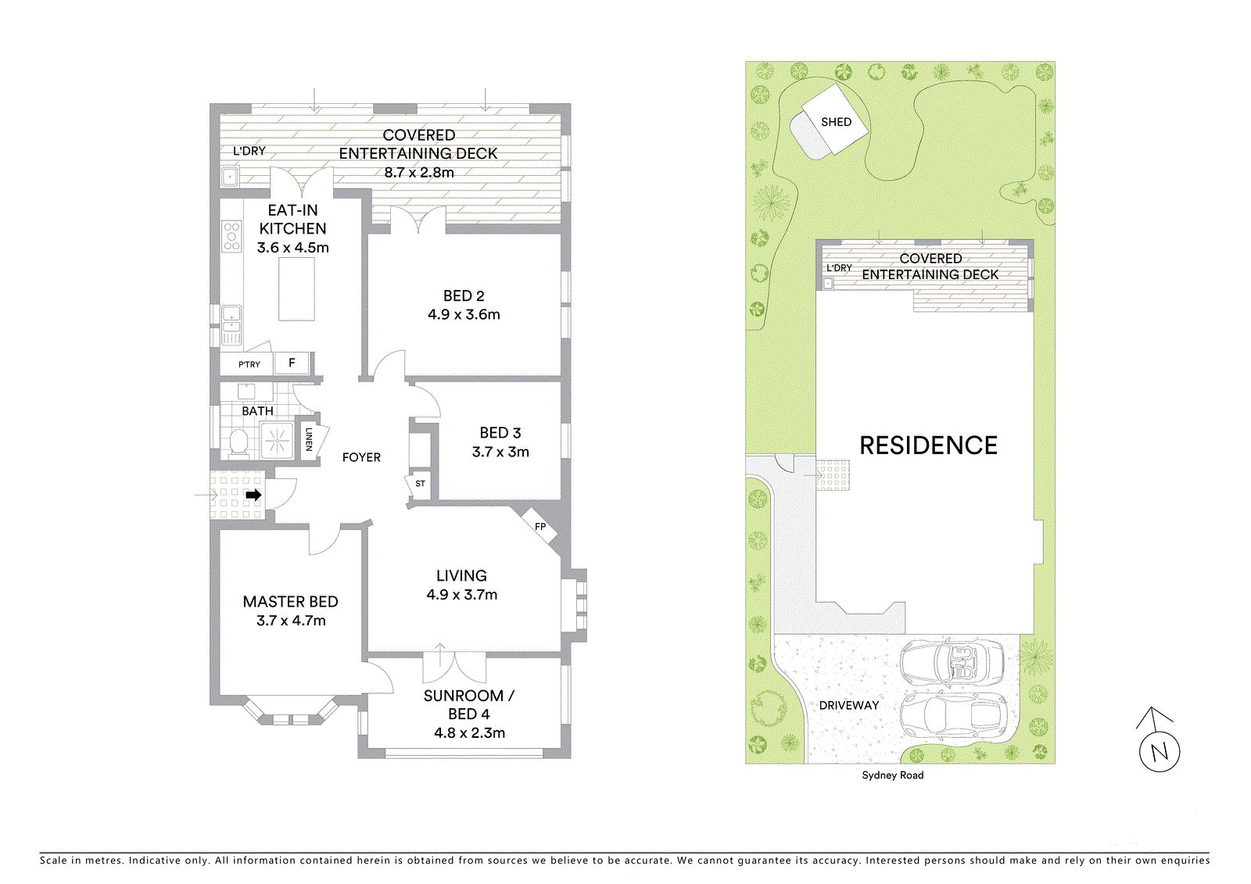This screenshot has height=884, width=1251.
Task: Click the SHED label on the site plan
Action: coord(836,122)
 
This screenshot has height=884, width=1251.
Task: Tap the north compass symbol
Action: coord(1160,741)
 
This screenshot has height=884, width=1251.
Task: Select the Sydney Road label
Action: coord(892,775)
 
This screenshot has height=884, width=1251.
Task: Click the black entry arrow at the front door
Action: coord(253,495)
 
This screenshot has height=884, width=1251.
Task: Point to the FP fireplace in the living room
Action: coord(539,526)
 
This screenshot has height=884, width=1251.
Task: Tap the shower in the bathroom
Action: coord(277,440)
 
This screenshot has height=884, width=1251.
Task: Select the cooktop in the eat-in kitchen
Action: coord(231,236)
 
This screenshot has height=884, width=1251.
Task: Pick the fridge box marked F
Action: coord(292,363)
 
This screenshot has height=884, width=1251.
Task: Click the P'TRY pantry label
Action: coord(249,365)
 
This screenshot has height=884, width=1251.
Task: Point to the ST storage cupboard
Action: coord(419,484)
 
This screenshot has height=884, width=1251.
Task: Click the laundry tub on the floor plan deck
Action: coord(229,177)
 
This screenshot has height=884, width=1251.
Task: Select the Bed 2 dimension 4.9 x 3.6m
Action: coord(464,314)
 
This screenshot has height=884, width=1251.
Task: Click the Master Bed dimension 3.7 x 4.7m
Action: coord(291,621)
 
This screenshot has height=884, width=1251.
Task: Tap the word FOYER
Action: coord(361,457)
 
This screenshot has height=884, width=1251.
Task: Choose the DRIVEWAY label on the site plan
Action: coord(849,705)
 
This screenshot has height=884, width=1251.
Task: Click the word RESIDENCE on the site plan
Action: coord(928,446)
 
